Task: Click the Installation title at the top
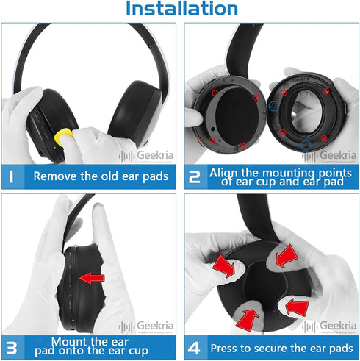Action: click(x=181, y=10)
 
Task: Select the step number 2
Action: click(x=194, y=176)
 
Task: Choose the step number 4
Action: click(x=194, y=346)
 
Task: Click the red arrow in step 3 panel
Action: click(x=92, y=278)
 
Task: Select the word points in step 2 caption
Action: click(x=329, y=171)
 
